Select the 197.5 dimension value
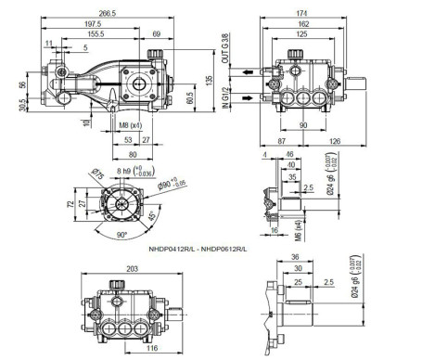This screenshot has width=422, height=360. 87,24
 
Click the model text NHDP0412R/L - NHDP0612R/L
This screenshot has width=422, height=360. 198,249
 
